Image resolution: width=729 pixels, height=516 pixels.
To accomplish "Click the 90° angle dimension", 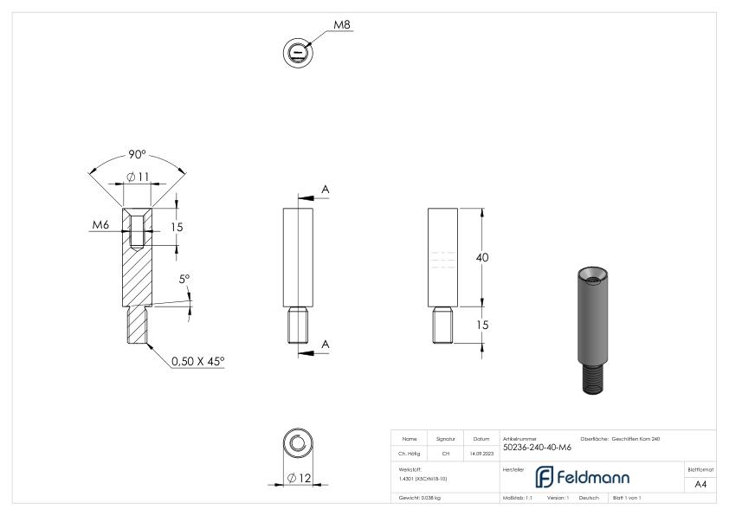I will (136, 156).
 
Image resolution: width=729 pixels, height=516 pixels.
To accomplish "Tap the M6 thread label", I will (102, 225).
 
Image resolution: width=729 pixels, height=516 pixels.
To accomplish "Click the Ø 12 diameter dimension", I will (300, 478).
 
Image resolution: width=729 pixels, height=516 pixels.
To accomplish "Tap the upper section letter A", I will (326, 189).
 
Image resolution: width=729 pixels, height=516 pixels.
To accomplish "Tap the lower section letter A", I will (326, 344).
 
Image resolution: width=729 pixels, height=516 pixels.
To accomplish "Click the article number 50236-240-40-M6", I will (537, 447).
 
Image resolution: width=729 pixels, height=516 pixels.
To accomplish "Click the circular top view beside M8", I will (298, 53).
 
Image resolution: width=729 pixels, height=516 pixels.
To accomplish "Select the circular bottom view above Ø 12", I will (298, 444).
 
